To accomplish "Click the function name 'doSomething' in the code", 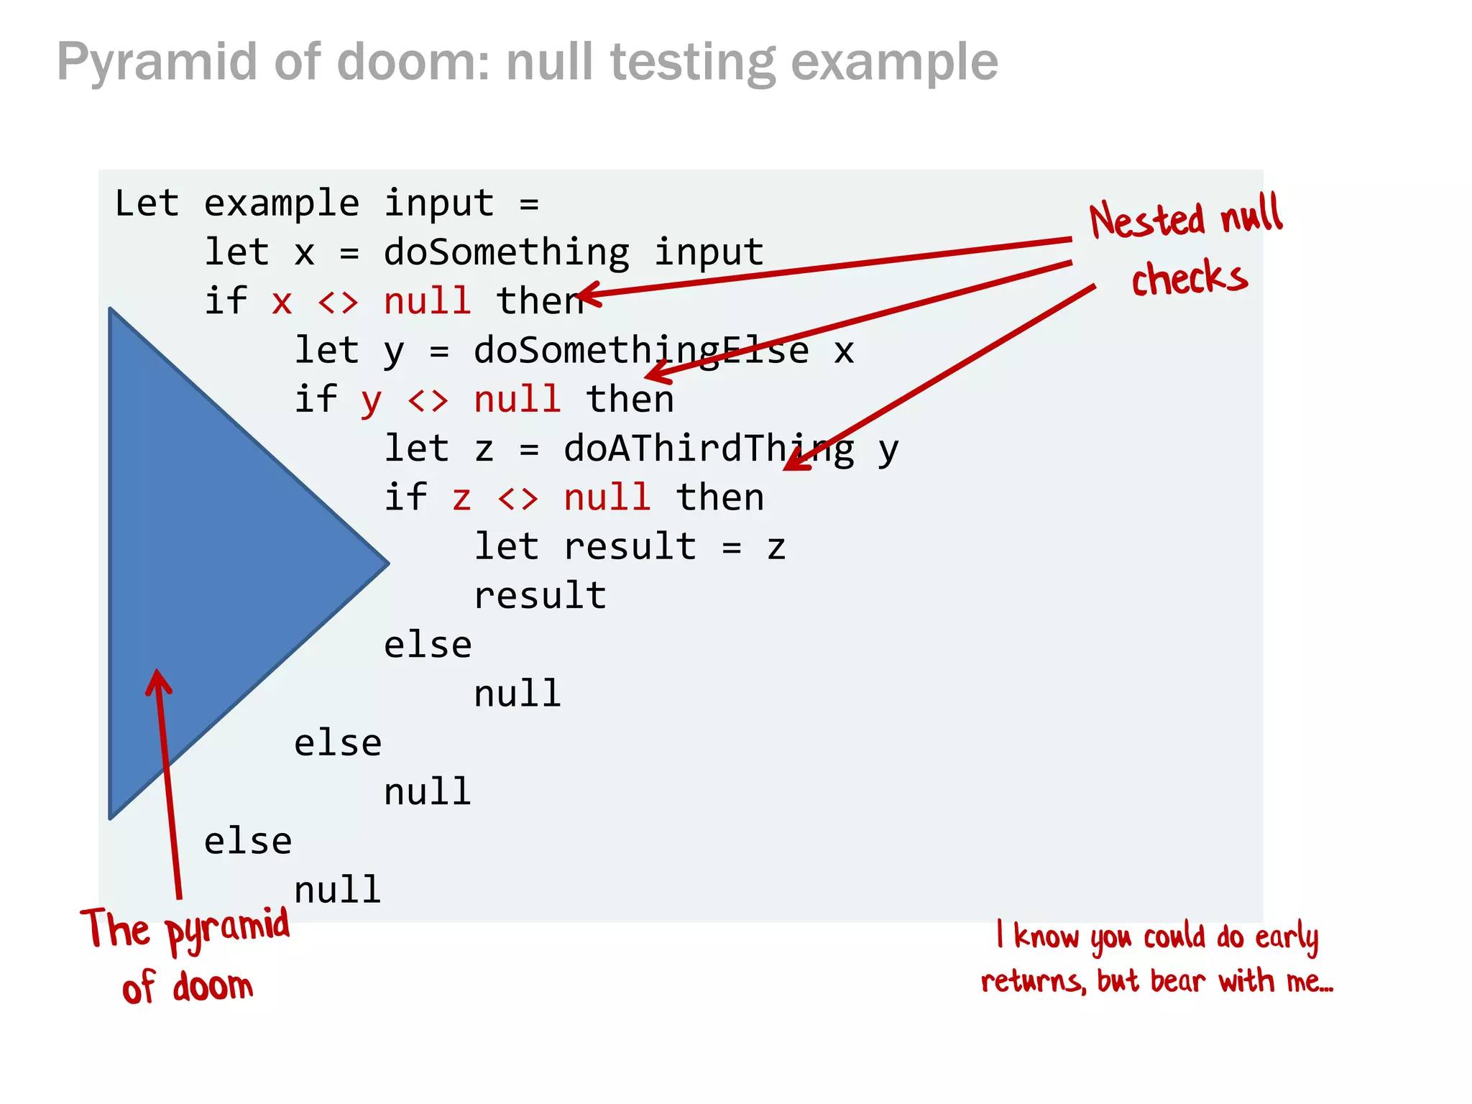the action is point(506,252).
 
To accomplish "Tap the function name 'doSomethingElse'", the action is point(640,351).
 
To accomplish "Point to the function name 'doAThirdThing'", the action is point(709,449).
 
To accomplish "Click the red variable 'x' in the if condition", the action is point(282,302).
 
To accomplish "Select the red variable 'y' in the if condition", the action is point(371,401).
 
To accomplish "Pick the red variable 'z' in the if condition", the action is point(461,499).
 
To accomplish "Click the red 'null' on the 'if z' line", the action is point(607,497).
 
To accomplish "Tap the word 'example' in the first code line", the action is point(281,204).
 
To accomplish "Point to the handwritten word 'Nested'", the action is point(1146,220).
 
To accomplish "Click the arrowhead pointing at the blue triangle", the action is point(157,679).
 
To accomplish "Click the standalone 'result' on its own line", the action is point(540,596).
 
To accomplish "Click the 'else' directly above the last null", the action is point(248,842).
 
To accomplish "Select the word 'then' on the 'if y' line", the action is point(630,400).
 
